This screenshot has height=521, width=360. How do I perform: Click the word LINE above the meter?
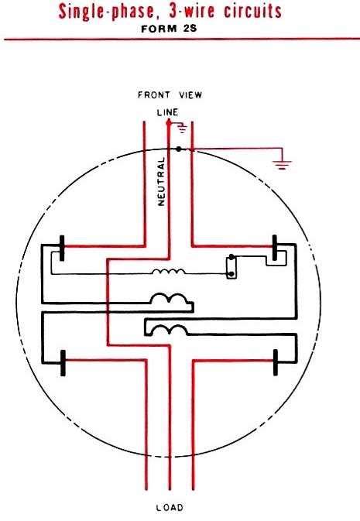coord(167,112)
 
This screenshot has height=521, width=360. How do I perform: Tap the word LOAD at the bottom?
coord(170,507)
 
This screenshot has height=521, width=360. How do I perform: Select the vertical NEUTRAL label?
coord(161,181)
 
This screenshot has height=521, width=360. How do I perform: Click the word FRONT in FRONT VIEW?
coord(153,95)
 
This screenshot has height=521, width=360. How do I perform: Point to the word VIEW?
coord(190,95)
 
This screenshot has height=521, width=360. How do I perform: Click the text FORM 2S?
coord(169,29)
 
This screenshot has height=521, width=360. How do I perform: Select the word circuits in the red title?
coord(252,11)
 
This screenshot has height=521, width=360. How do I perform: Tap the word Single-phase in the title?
coord(106,12)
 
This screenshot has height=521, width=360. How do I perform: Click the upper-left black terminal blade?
coord(62,248)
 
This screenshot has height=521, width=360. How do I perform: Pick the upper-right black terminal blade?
coord(275,248)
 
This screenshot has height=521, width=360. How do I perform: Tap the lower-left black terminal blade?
coord(63,363)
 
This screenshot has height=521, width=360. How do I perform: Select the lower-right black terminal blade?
coord(276,362)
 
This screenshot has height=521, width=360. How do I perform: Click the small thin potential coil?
coord(169,272)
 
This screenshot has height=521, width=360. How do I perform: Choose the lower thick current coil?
coord(169,329)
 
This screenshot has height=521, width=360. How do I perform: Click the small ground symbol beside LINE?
coord(182,128)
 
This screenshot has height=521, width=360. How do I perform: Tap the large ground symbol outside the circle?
coord(282,165)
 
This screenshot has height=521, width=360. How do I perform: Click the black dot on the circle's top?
coord(179,149)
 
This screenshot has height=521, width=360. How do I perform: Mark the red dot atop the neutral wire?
coord(169,123)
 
